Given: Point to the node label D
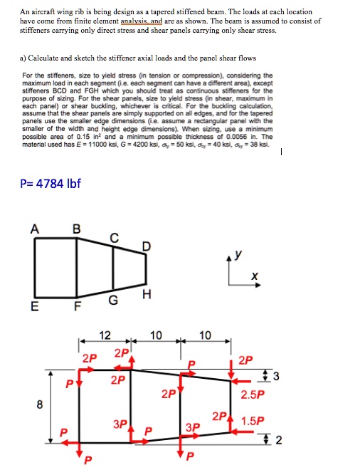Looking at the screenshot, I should (147, 247).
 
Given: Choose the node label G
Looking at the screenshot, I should (114, 301).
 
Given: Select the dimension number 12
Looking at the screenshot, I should (105, 336).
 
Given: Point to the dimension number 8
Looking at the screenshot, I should (40, 406).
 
